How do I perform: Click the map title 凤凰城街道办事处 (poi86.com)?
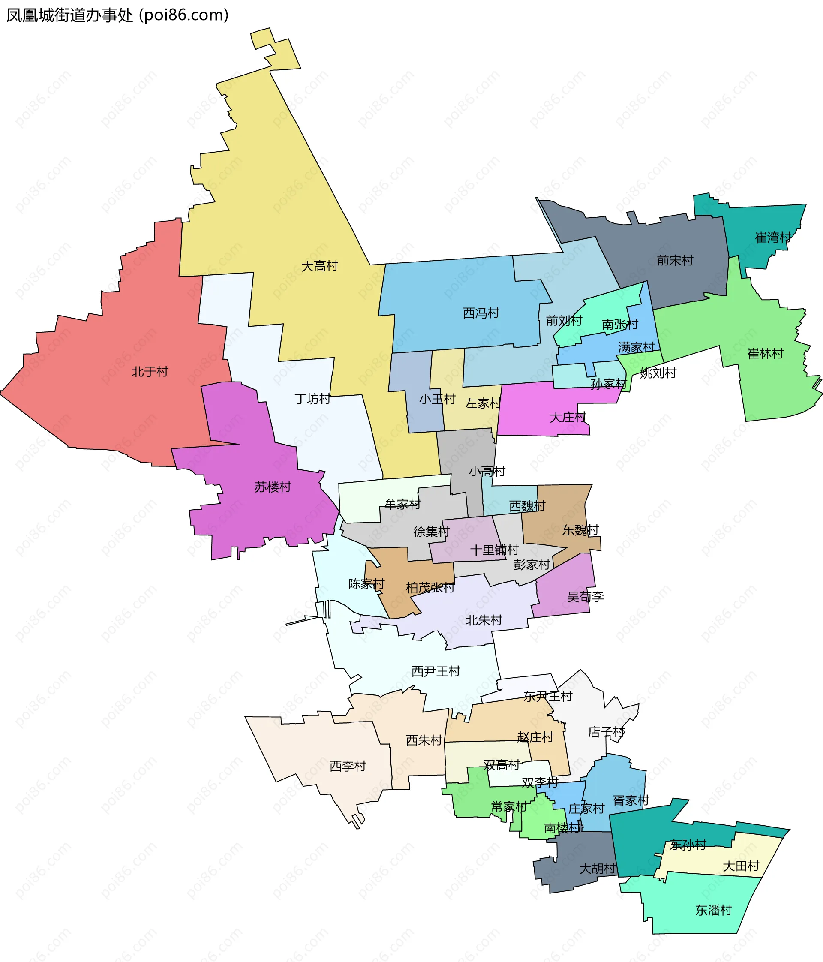coord(117,15)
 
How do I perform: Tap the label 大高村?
coord(319,266)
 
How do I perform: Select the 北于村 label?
coord(150,371)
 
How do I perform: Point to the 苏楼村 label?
coord(273,487)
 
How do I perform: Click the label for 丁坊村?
coord(312,399)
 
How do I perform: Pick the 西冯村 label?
coord(481,313)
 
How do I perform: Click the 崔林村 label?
coord(765,354)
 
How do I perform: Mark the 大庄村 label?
coord(568,418)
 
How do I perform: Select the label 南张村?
coord(620,324)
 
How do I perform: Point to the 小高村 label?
coord(487,471)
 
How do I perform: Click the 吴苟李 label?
coord(586,597)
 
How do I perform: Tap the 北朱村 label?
coord(484,620)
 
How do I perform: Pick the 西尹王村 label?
coord(436,671)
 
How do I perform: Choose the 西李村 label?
coord(348,767)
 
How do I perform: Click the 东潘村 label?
coord(713,910)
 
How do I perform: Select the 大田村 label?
coord(741,866)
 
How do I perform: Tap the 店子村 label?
coord(606,732)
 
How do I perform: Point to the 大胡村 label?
coord(598,868)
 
